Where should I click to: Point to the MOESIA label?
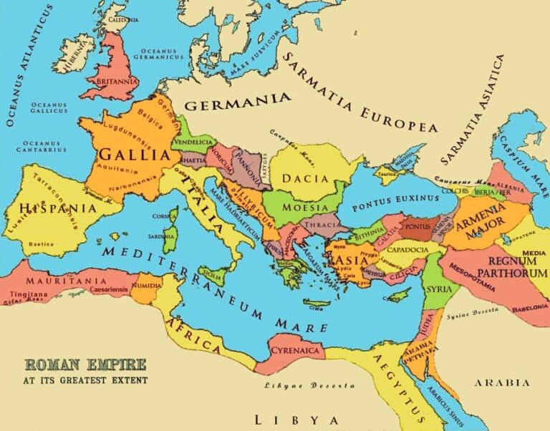306,207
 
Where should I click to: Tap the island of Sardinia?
169,241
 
